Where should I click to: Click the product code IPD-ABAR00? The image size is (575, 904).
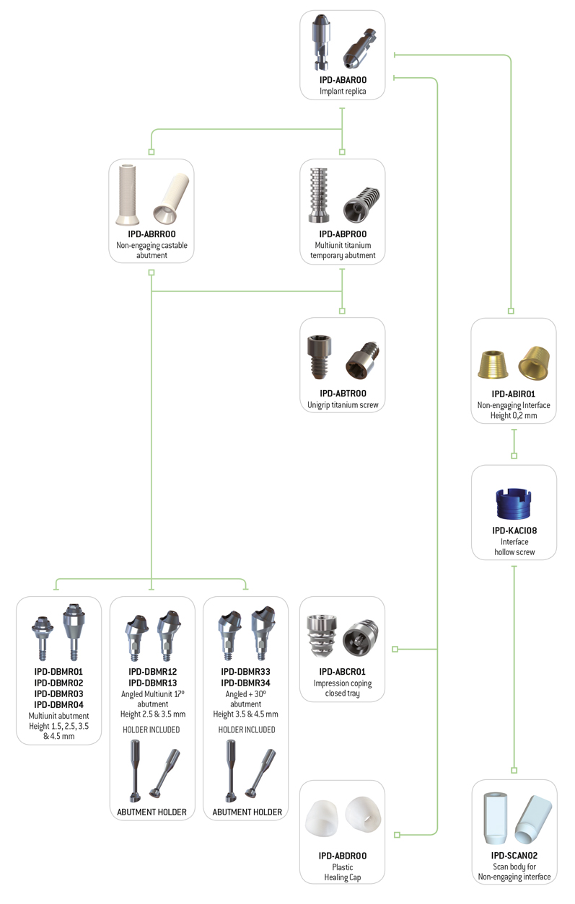click(343, 80)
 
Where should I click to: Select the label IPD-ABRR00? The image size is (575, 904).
click(152, 234)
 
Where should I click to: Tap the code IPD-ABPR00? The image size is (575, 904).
click(343, 234)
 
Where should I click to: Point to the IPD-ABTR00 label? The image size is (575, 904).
click(343, 393)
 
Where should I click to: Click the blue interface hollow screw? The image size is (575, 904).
click(514, 504)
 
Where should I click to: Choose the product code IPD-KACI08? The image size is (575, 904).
click(514, 531)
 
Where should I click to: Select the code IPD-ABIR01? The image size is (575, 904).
click(513, 394)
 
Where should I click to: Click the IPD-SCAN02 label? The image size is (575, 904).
click(514, 855)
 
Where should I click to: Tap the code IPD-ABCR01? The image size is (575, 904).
click(343, 672)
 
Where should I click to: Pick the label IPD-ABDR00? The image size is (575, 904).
click(343, 856)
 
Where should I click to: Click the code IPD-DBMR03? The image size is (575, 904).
click(58, 693)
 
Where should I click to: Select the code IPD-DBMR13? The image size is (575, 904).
click(153, 683)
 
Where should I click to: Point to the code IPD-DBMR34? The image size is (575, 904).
click(245, 683)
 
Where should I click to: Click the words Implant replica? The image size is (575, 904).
click(343, 92)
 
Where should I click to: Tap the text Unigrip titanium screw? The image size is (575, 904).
click(343, 405)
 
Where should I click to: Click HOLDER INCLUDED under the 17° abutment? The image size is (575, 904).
click(152, 730)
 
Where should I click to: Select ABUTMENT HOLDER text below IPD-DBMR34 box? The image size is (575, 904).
click(247, 812)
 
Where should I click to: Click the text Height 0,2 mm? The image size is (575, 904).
click(514, 416)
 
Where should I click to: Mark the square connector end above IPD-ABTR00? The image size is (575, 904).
click(342, 311)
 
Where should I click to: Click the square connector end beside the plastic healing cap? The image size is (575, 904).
click(397, 835)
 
